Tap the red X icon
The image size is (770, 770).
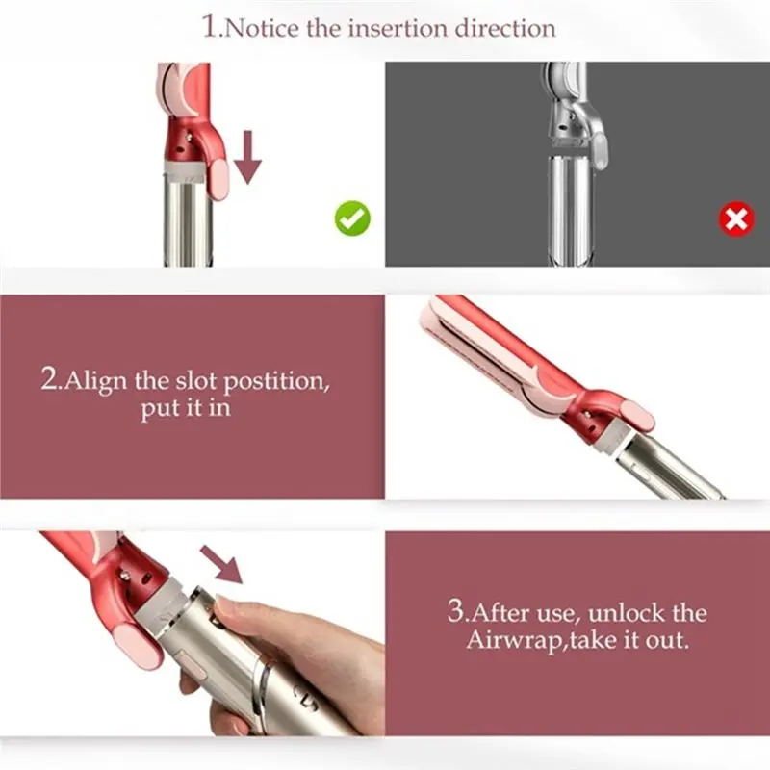tap(736, 220)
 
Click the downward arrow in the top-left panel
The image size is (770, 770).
tap(248, 157)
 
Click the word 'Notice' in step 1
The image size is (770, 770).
tap(263, 27)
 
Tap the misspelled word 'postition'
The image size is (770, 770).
tap(277, 380)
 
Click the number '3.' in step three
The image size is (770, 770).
tap(457, 613)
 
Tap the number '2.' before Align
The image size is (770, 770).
tap(51, 380)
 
